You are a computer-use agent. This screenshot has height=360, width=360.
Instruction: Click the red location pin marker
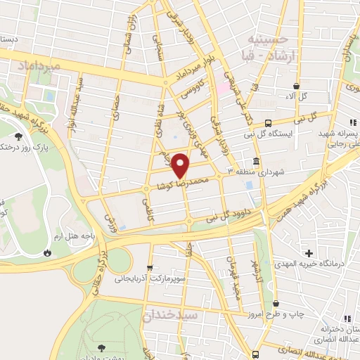point(181,165)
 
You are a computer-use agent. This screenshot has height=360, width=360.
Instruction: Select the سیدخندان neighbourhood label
point(170,316)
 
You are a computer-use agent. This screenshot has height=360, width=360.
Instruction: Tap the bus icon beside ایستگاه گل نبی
point(268,122)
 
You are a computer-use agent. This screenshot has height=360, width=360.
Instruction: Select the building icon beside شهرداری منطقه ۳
point(255,160)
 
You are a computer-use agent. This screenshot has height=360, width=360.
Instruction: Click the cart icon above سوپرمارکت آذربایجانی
point(149,268)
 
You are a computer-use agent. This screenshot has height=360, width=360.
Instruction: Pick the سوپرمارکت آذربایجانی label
point(160,279)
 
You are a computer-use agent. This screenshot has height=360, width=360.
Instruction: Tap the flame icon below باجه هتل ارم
point(49,251)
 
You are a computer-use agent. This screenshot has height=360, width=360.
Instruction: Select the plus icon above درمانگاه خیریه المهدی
point(308,252)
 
